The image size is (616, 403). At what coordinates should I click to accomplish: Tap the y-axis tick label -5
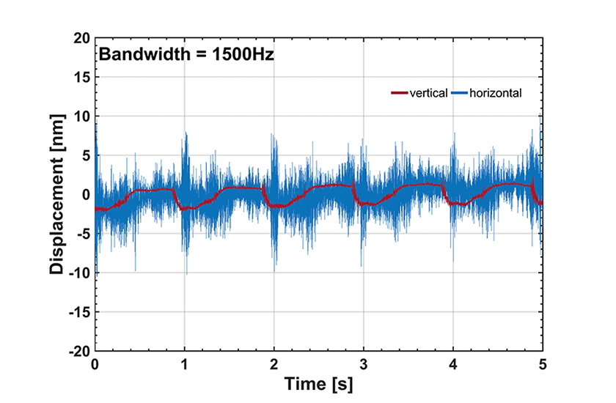(x=79, y=234)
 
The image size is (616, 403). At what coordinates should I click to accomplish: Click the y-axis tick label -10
(x=76, y=273)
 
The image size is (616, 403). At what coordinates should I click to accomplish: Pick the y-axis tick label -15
(x=76, y=312)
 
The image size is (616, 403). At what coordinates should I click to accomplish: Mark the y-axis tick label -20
(x=76, y=351)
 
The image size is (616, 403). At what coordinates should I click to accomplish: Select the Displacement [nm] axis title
(x=56, y=194)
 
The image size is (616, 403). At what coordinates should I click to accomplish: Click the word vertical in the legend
(x=430, y=94)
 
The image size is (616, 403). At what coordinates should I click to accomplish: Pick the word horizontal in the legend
(x=495, y=94)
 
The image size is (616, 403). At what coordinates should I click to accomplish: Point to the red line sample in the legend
(x=400, y=94)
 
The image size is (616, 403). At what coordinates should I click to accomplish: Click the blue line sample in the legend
(x=459, y=94)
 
